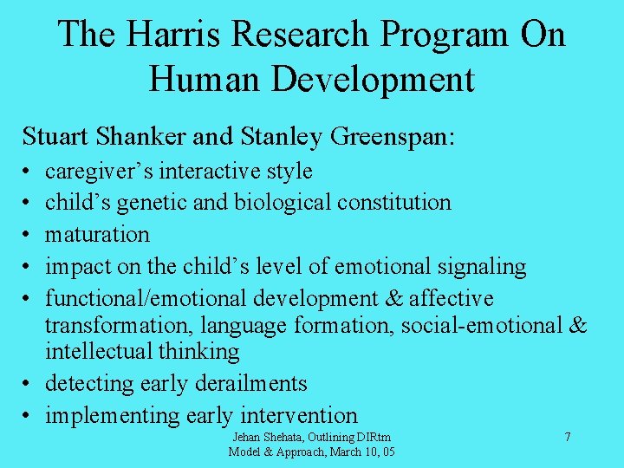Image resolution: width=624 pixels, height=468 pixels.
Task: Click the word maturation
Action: pos(97,235)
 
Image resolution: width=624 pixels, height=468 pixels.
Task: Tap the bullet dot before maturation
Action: pos(28,235)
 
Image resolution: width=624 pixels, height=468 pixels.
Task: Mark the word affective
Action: pos(450,299)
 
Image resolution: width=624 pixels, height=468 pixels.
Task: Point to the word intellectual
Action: pos(99,351)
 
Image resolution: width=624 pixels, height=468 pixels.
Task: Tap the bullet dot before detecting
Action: pos(28,384)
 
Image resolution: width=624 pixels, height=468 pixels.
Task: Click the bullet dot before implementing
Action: pos(28,416)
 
